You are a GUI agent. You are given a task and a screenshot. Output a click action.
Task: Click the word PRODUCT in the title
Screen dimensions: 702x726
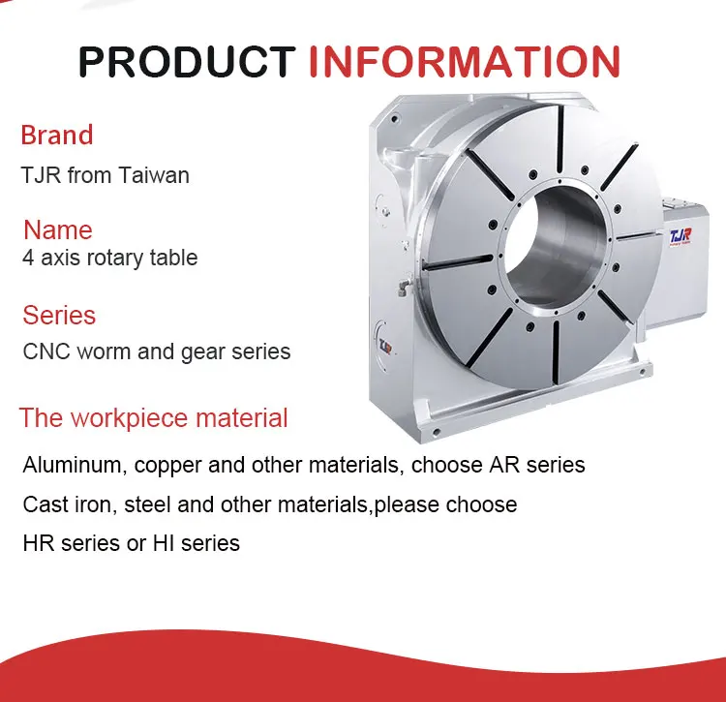pyautogui.click(x=187, y=62)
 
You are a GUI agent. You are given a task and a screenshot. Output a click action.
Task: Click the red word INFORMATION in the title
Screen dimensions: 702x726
pyautogui.click(x=464, y=62)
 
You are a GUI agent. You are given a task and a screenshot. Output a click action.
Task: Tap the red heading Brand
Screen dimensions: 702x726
pyautogui.click(x=57, y=135)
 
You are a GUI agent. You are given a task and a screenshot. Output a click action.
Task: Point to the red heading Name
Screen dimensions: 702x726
pyautogui.click(x=58, y=230)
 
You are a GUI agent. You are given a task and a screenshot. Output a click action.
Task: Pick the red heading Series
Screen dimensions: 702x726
pyautogui.click(x=59, y=316)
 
